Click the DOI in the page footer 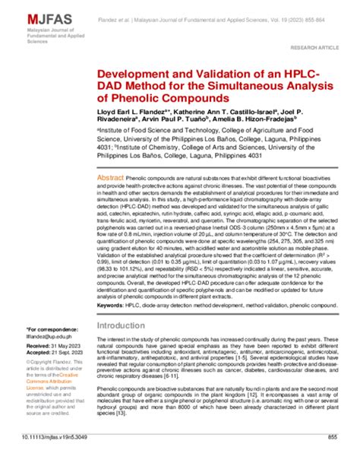tap(55, 458)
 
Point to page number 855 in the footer tap(331, 458)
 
